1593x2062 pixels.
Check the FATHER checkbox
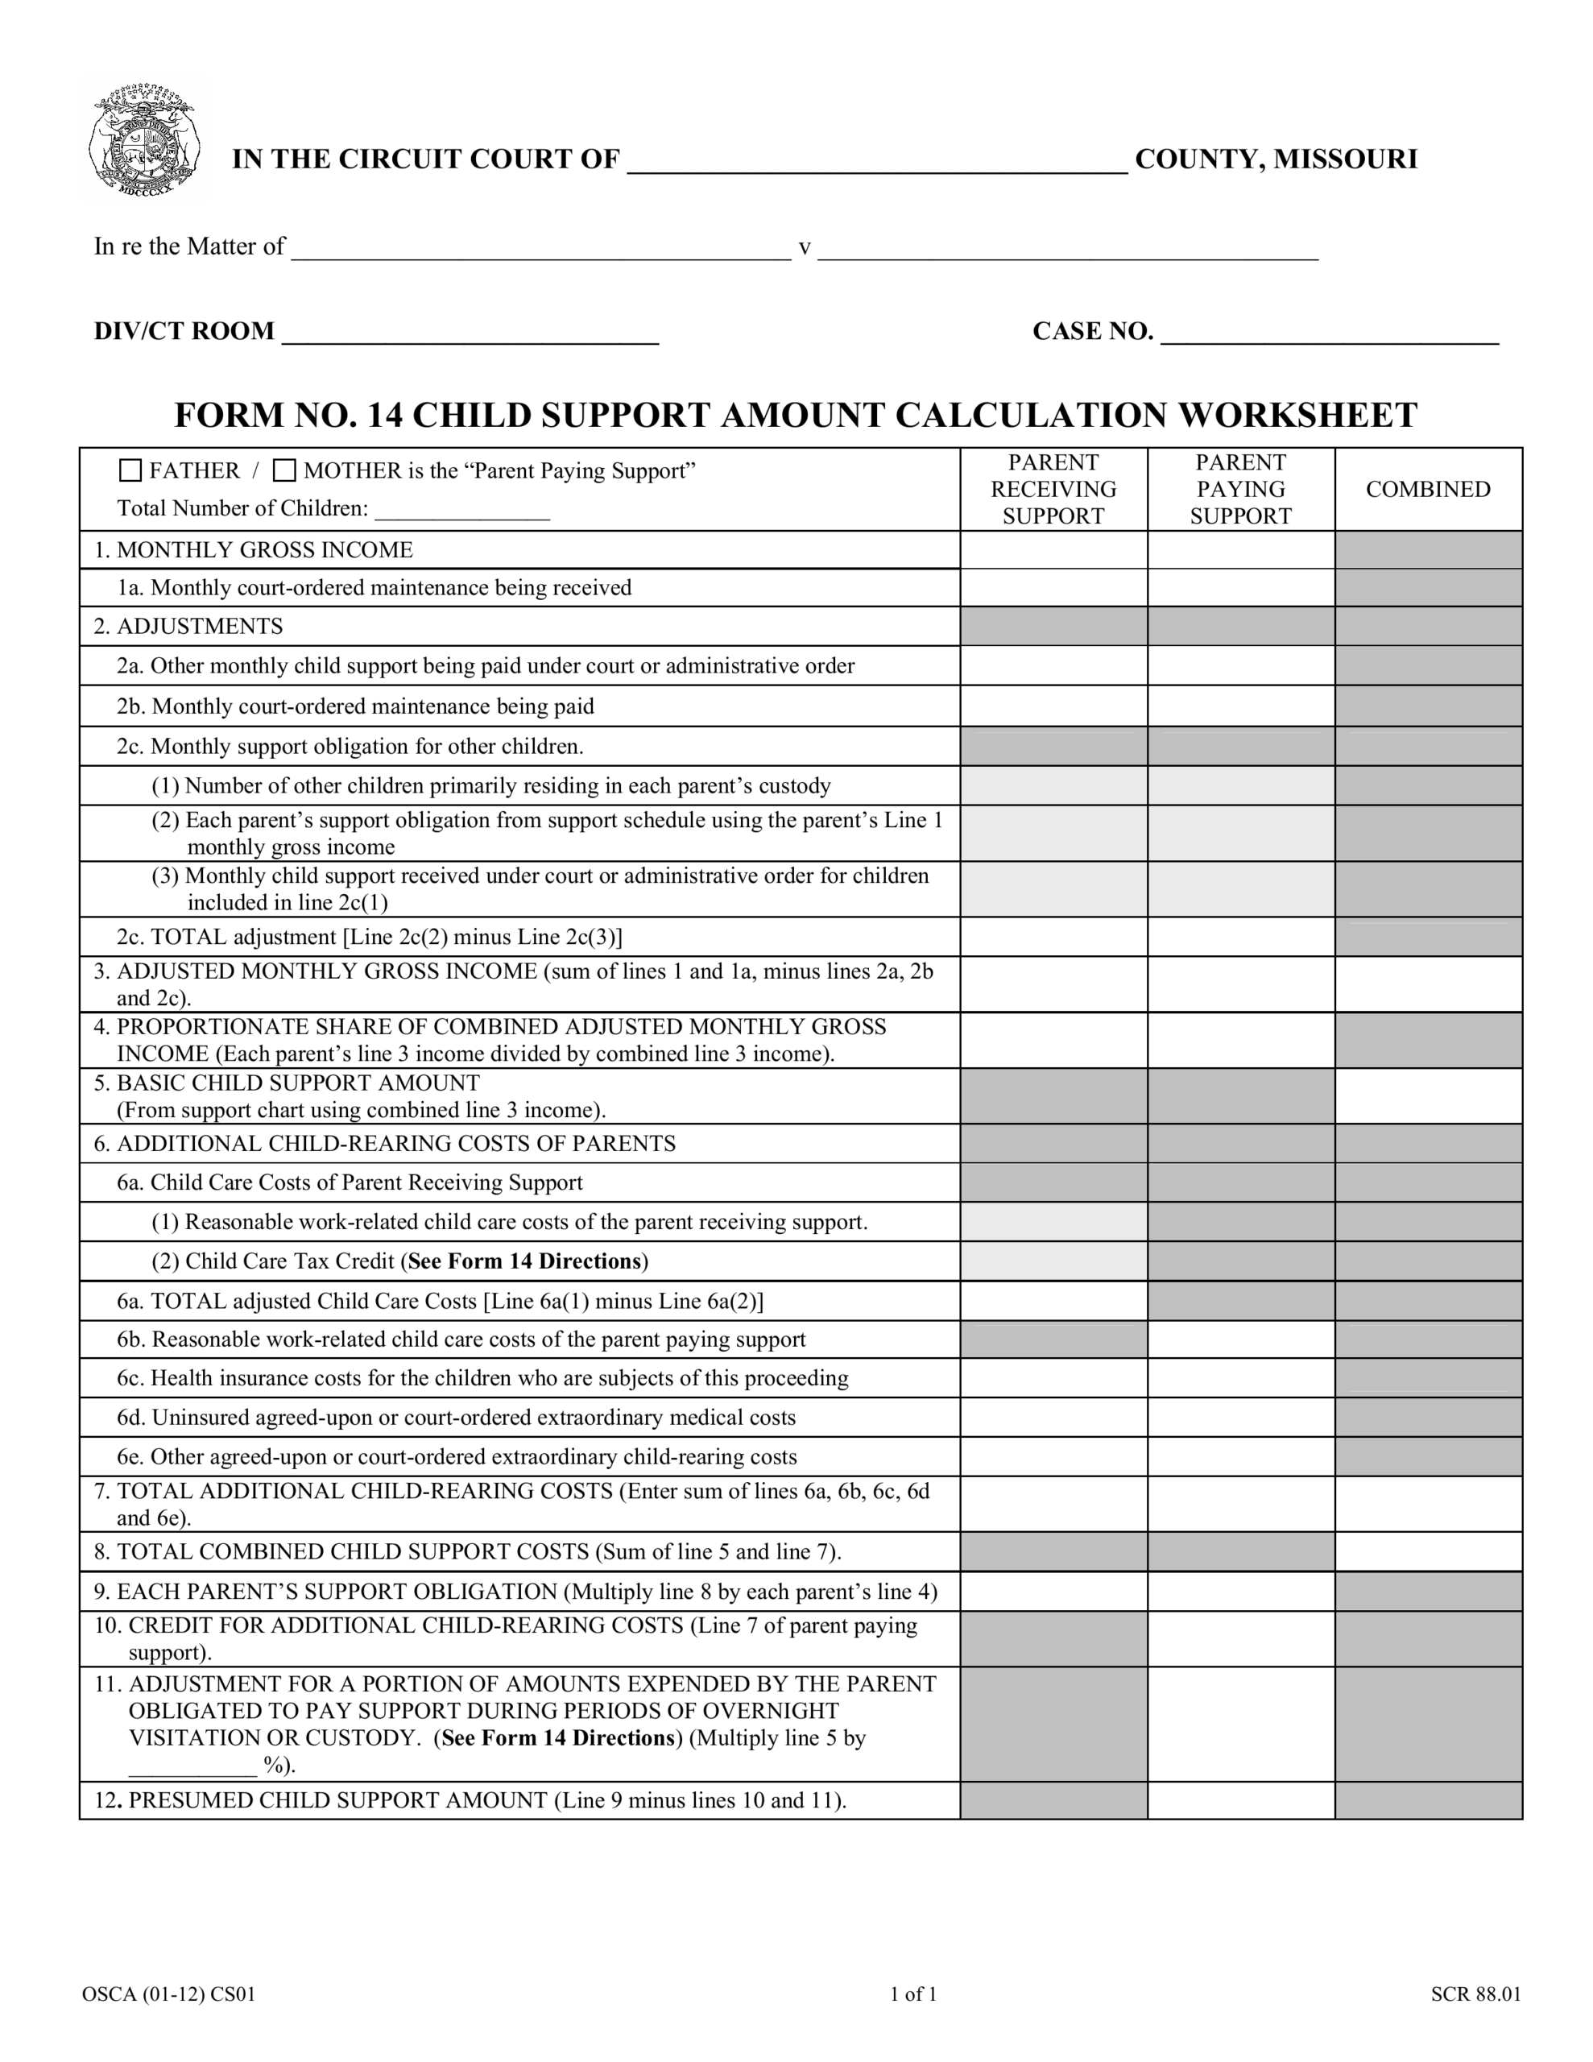point(130,470)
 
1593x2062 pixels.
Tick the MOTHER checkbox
point(284,470)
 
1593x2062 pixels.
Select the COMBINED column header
point(1427,489)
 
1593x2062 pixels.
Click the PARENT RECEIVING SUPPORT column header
point(1053,489)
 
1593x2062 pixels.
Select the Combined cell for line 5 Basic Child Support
point(1427,1095)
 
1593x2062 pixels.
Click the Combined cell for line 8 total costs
point(1427,1551)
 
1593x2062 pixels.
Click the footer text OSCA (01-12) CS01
point(169,1994)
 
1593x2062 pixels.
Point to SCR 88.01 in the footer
point(1475,1994)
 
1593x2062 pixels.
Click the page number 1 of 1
point(913,1994)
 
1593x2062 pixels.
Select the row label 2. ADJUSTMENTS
point(188,626)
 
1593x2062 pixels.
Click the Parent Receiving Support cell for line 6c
point(1053,1377)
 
